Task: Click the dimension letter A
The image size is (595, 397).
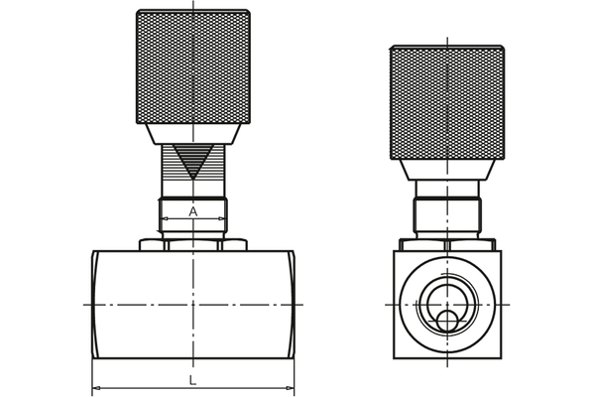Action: [x=193, y=211]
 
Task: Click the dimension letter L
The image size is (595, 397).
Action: [x=193, y=380]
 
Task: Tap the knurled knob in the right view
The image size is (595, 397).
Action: [x=446, y=102]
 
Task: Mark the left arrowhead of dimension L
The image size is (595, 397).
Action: [x=96, y=389]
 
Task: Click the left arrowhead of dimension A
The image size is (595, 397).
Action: [x=164, y=218]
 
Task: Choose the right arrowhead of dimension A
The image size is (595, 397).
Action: [x=222, y=218]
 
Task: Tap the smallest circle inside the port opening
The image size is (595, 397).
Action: [x=448, y=321]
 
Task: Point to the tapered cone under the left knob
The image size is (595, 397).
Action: [x=192, y=133]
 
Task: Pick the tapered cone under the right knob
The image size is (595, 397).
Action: [x=446, y=169]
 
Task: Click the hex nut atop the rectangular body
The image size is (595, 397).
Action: [x=192, y=243]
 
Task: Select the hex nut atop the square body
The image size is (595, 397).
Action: [x=446, y=244]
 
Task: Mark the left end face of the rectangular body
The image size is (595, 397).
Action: [x=95, y=304]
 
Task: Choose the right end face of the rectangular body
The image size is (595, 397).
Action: [x=292, y=304]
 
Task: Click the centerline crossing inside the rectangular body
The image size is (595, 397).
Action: [x=193, y=304]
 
